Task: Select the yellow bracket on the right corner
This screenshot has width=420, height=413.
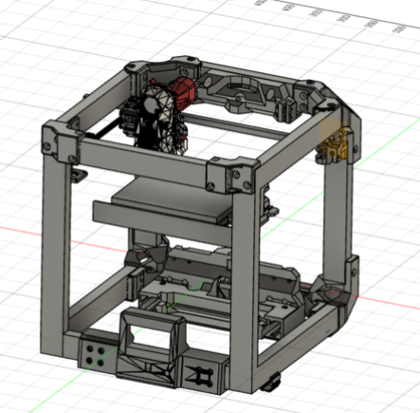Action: (335, 142)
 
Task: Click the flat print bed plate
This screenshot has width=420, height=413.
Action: (171, 206)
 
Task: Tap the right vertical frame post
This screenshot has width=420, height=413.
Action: (332, 218)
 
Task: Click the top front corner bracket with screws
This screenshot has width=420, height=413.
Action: (231, 176)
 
